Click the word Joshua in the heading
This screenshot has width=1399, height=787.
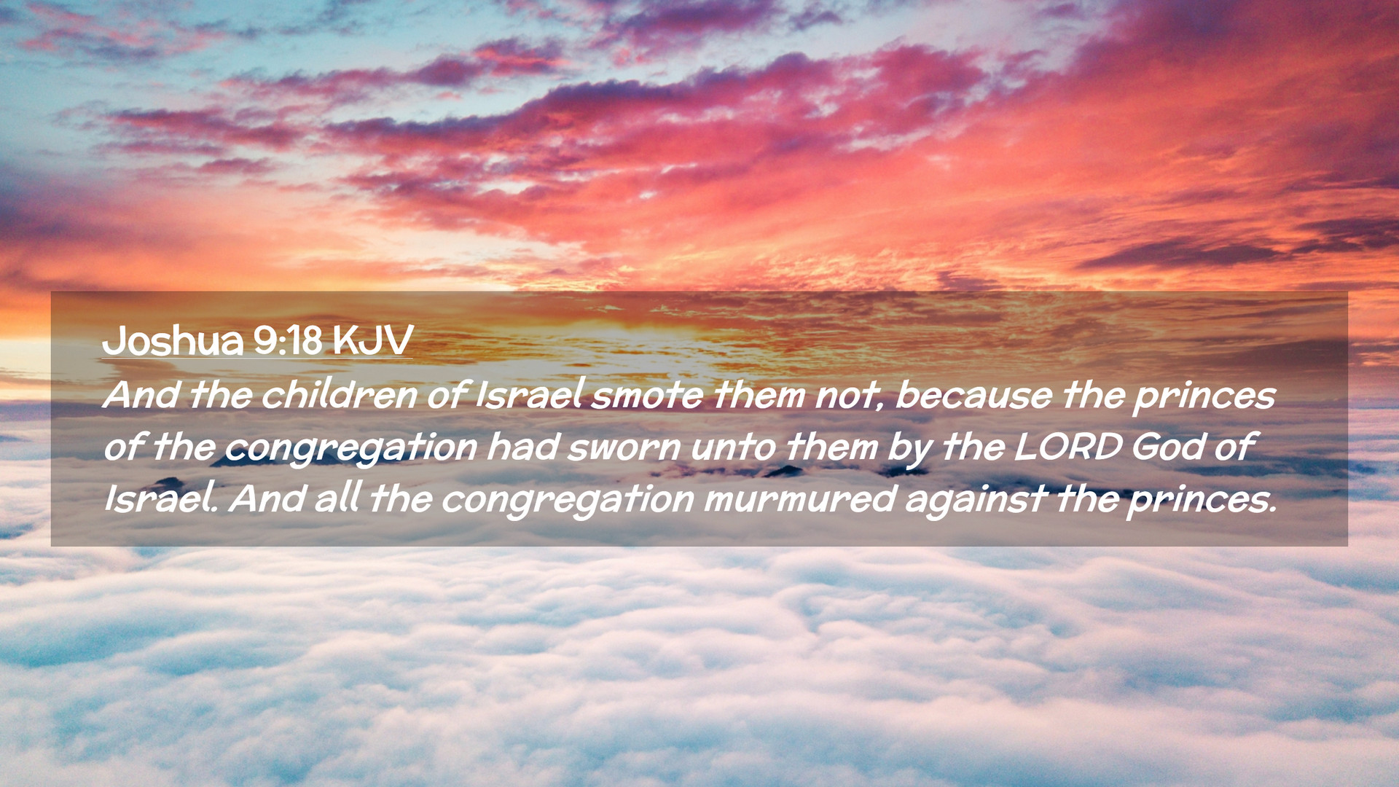tap(173, 340)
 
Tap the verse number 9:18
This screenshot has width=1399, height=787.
tap(288, 340)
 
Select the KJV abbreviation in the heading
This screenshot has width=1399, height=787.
tap(372, 340)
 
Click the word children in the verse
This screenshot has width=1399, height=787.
tap(340, 394)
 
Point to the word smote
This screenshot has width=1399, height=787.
tap(646, 396)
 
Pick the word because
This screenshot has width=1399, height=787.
tap(973, 394)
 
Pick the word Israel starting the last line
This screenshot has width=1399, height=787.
tap(160, 498)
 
